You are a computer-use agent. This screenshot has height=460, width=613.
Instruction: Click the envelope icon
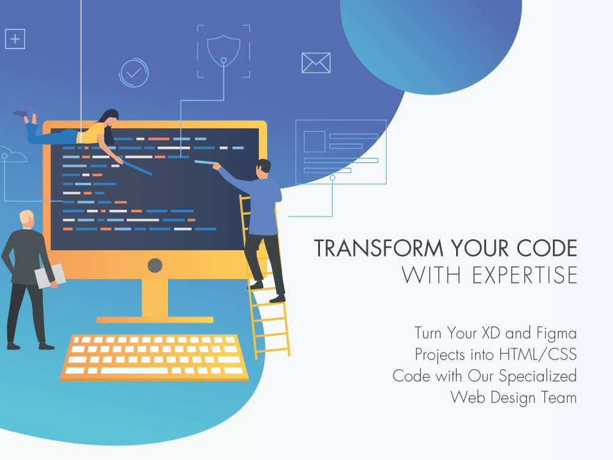[316, 63]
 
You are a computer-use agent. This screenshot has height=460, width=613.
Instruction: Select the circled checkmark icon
[134, 73]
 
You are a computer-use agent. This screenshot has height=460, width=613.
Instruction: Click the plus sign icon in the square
[15, 39]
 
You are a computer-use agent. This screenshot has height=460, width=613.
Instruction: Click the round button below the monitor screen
[155, 266]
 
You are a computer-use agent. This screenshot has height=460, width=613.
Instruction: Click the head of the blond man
[27, 218]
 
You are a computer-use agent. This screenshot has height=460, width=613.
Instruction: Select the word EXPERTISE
[525, 275]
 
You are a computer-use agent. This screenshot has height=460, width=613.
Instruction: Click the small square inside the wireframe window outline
[314, 142]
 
